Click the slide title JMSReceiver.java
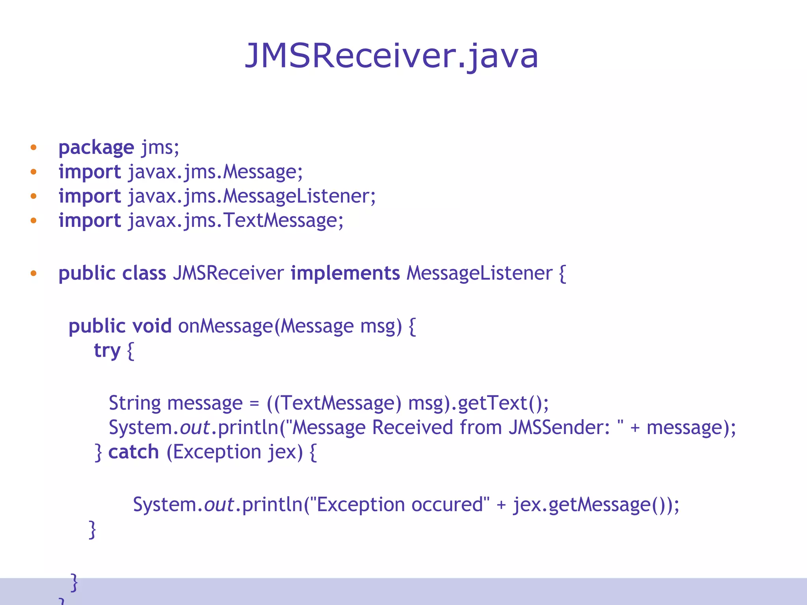(x=391, y=56)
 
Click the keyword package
(x=96, y=148)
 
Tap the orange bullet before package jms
(x=33, y=148)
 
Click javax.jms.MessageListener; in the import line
(x=252, y=197)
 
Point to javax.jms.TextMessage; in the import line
(x=236, y=221)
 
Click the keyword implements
(x=345, y=273)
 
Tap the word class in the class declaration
(x=144, y=273)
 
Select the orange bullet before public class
(x=33, y=273)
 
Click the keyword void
(x=152, y=326)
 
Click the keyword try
(x=107, y=351)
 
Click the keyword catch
(x=134, y=452)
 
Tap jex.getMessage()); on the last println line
(x=596, y=505)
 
